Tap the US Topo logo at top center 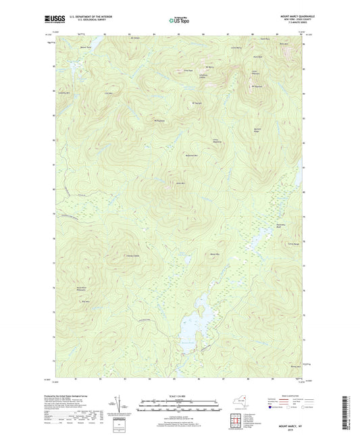point(179,21)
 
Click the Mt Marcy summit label point(209,67)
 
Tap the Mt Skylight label point(197,103)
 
